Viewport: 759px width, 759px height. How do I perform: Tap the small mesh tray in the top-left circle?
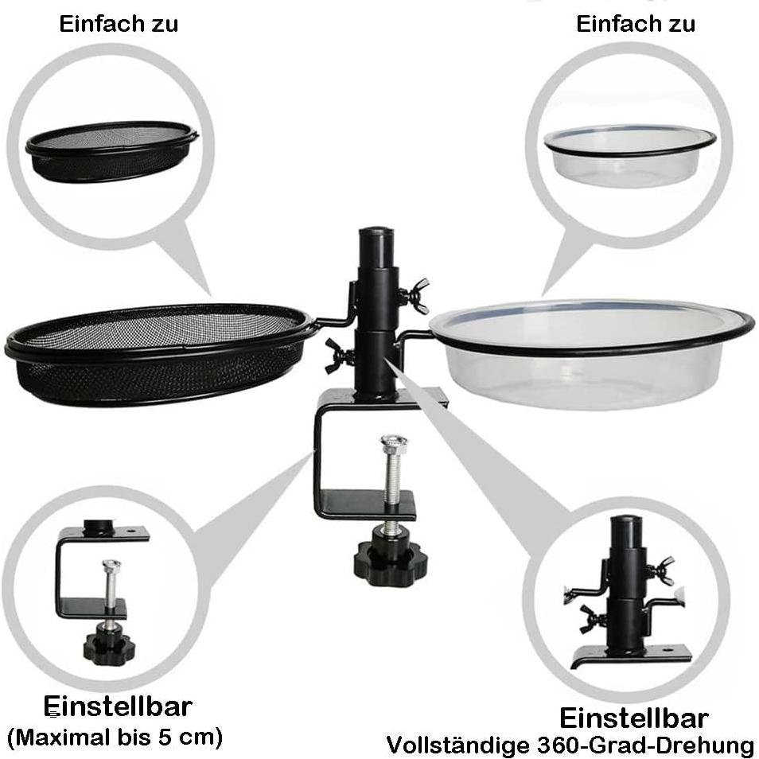111,151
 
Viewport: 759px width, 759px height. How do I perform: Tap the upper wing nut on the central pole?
415,296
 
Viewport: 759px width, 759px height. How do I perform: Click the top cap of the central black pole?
376,238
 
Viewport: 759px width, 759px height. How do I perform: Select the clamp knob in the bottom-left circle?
109,645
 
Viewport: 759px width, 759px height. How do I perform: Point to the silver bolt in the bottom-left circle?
111,585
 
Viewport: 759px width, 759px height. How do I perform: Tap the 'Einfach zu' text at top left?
119,24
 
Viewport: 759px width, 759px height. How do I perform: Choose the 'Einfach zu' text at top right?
636,24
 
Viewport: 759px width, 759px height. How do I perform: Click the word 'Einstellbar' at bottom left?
118,706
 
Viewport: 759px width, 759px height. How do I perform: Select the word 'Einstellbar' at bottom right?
633,718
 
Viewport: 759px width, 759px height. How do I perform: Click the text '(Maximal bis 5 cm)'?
115,736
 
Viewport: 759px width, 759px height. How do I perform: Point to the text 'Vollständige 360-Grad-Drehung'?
570,745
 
